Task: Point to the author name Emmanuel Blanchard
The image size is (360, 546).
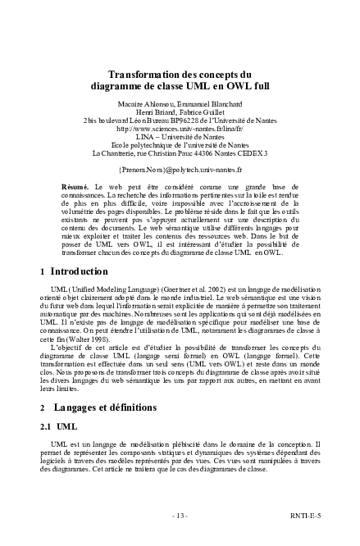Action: point(198,103)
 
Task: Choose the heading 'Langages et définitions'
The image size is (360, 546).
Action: point(110,407)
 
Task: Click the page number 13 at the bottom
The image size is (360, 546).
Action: point(180,515)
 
